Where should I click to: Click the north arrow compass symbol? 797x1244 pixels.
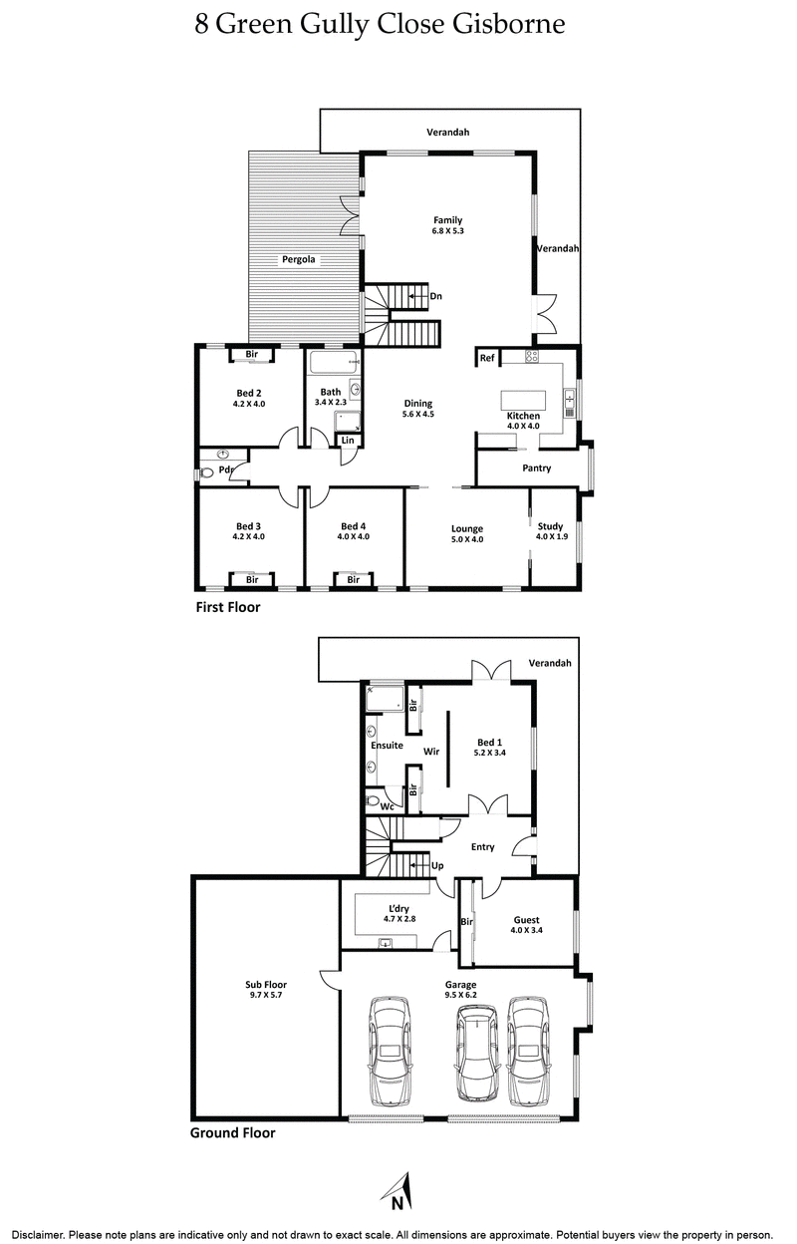[398, 1191]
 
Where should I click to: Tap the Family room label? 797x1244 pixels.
[447, 220]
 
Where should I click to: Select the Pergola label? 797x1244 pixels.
[296, 259]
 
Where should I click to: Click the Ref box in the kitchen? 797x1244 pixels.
[487, 358]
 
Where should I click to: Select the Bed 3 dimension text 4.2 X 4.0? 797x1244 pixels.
[248, 536]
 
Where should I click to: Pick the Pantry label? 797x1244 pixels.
[536, 467]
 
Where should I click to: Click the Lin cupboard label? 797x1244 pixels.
[347, 440]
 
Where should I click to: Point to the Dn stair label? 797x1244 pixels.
[435, 295]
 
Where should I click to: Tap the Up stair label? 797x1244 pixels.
[436, 865]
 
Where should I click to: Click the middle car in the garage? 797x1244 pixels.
[476, 1052]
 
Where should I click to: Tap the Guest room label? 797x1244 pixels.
[526, 920]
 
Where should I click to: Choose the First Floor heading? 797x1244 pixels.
[226, 605]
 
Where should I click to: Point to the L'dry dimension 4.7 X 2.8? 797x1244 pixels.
[397, 919]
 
